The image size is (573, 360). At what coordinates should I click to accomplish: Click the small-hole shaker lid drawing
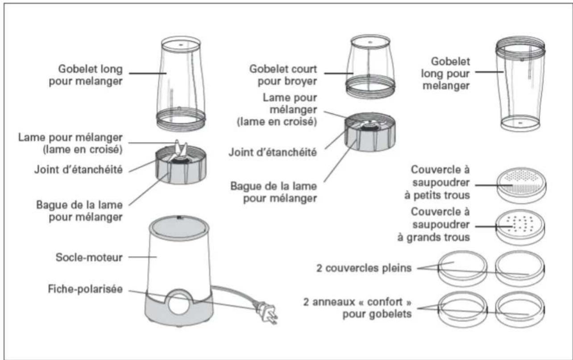[521, 184]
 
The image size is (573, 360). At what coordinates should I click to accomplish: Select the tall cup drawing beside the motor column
[180, 83]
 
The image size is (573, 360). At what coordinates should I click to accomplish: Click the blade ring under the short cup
[370, 134]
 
